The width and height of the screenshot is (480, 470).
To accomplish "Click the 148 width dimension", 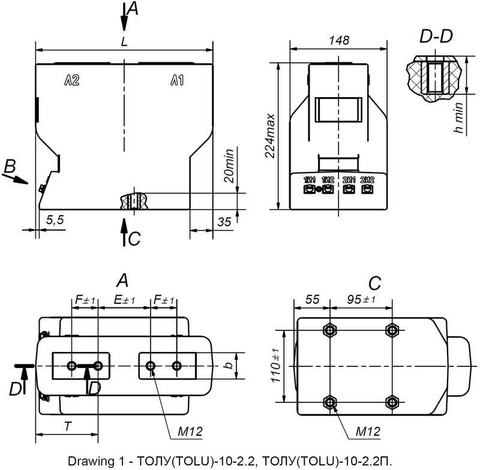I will coord(340,40).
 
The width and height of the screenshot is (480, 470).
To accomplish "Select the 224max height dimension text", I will coord(271,135).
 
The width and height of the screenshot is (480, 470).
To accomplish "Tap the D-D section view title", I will coord(436,37).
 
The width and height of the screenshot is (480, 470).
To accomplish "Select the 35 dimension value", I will coord(224,221).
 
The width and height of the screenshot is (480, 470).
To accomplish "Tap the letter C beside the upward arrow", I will coord(134,239).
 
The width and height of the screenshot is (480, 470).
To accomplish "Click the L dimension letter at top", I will coord(124,42).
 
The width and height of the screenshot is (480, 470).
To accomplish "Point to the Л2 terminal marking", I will coord(72,81).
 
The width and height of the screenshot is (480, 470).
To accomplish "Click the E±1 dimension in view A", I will coord(124,300).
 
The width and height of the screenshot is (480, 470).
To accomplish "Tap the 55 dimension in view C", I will coord(312,300).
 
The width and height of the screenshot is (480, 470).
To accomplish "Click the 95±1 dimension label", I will coord(362,300).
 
